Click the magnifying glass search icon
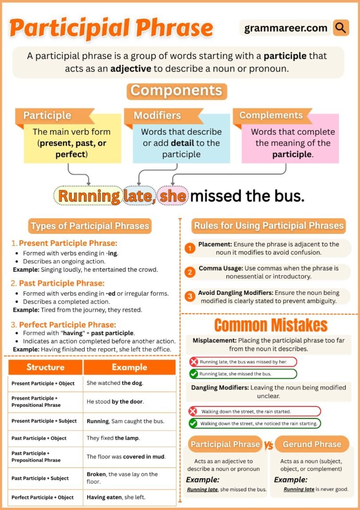[x=341, y=28]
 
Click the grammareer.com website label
[x=286, y=28]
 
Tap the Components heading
[x=176, y=91]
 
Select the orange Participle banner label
[x=47, y=116]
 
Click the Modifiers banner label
[x=157, y=116]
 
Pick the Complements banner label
[x=271, y=116]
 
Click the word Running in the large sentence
[x=88, y=196]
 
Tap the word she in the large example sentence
[x=173, y=196]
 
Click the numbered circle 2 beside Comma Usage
[x=190, y=272]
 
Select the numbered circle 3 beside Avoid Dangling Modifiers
[x=190, y=297]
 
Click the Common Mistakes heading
[x=271, y=325]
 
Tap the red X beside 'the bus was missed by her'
[x=194, y=362]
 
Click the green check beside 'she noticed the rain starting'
[x=193, y=423]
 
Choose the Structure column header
[x=45, y=367]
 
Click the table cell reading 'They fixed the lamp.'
[x=113, y=438]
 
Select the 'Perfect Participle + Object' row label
[x=43, y=497]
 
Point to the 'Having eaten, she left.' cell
[x=116, y=497]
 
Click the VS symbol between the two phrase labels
[x=269, y=445]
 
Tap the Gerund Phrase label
[x=312, y=444]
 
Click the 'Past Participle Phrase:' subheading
[x=61, y=283]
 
